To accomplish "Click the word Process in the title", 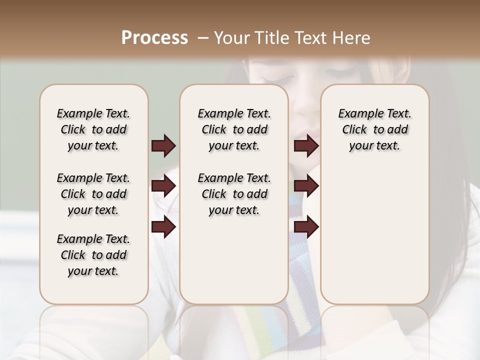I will (x=154, y=38).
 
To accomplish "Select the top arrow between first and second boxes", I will (x=163, y=146).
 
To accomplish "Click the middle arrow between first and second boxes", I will (x=163, y=186).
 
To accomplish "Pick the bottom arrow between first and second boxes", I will (x=163, y=227).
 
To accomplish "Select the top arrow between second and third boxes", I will (x=306, y=146).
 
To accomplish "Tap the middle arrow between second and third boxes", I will (x=306, y=186).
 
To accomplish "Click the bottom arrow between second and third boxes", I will (x=306, y=227).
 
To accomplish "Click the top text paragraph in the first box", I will (x=93, y=129).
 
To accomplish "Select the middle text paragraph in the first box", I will (x=93, y=194).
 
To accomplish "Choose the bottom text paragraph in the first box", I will (x=93, y=255).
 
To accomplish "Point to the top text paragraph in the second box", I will (x=234, y=129).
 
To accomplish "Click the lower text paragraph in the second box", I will (x=234, y=194).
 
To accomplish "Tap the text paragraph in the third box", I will (x=374, y=129).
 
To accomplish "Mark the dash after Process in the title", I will (x=202, y=38).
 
